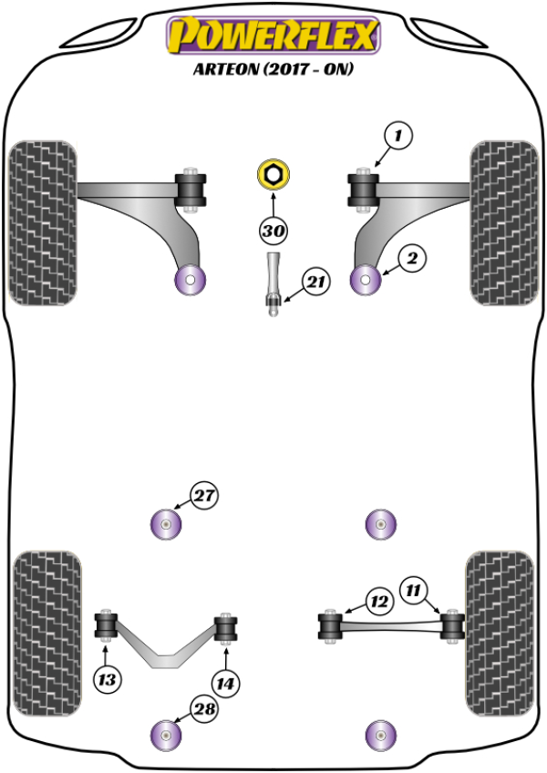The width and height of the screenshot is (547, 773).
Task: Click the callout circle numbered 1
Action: point(397,137)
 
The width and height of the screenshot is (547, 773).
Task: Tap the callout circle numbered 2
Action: point(411,260)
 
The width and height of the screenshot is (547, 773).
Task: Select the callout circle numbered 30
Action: point(273,232)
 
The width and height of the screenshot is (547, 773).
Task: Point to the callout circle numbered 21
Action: point(315,283)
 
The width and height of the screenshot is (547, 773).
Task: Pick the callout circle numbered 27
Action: point(204,497)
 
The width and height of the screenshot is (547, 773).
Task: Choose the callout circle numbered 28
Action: point(204,709)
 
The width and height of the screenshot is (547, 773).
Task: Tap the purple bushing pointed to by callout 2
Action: point(366,281)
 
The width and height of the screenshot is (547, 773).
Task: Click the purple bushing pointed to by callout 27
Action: point(166,524)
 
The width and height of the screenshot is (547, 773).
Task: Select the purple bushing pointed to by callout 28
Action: point(166,734)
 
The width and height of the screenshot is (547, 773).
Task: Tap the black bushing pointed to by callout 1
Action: point(363,190)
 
